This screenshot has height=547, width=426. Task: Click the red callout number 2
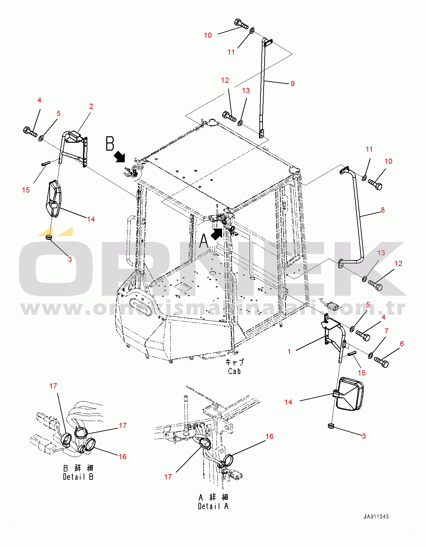(x=91, y=106)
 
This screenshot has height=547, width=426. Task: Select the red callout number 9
(x=293, y=84)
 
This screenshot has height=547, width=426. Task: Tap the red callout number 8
(x=383, y=210)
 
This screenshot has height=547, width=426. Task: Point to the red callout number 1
(x=289, y=352)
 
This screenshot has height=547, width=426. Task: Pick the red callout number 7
(x=387, y=331)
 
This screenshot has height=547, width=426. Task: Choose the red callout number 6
(x=402, y=344)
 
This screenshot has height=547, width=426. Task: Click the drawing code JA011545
(x=376, y=516)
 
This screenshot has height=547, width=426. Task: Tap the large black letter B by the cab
(x=110, y=143)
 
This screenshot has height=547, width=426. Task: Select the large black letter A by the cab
(x=204, y=241)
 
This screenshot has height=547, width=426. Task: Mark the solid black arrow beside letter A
(x=216, y=234)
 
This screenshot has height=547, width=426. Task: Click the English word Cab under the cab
(x=234, y=371)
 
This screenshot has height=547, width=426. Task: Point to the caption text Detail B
(x=78, y=477)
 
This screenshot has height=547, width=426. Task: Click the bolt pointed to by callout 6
(x=381, y=362)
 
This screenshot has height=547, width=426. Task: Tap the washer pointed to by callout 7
(x=370, y=356)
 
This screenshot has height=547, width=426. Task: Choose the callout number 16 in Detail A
(x=269, y=436)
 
